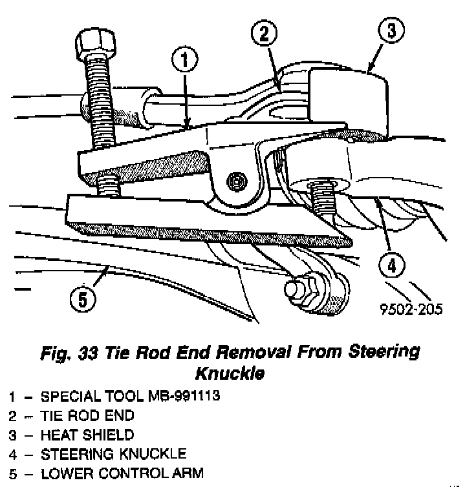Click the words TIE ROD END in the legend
point(87,415)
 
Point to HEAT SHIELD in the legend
point(87,435)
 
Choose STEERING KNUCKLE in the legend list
point(113,454)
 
